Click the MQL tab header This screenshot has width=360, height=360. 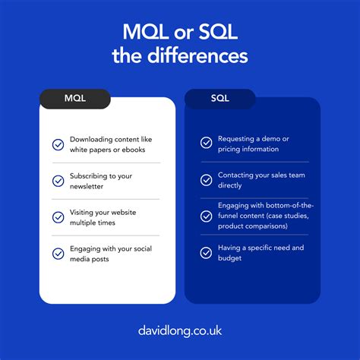tap(75, 99)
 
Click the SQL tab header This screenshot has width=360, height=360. tap(219, 99)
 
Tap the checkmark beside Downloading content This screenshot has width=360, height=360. tap(58, 144)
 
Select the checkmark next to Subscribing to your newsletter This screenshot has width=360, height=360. tap(58, 181)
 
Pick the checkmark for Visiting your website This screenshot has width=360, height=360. tap(58, 217)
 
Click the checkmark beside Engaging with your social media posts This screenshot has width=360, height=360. tap(58, 254)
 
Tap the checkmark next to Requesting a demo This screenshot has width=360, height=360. tap(206, 143)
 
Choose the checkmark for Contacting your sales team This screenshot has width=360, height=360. tap(206, 180)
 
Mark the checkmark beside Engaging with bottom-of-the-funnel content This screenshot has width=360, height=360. tap(206, 216)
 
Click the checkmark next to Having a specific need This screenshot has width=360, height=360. tap(206, 252)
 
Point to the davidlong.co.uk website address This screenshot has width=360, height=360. tap(180, 332)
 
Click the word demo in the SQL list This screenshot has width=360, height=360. tap(272, 139)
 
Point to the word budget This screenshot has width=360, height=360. tap(230, 257)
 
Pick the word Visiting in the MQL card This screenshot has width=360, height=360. tap(84, 213)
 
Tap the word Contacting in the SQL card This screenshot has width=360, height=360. tap(238, 175)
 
